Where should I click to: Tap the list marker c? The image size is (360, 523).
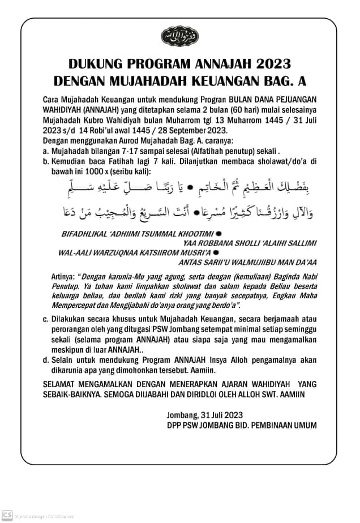45,320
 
